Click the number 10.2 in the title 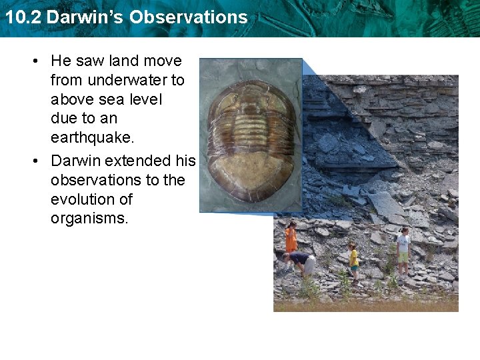[23, 17]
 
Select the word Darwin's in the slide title [85, 17]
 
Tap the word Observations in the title [189, 17]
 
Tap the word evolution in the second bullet [81, 199]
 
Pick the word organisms [89, 219]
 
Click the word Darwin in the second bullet [78, 161]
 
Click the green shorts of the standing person [403, 257]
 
